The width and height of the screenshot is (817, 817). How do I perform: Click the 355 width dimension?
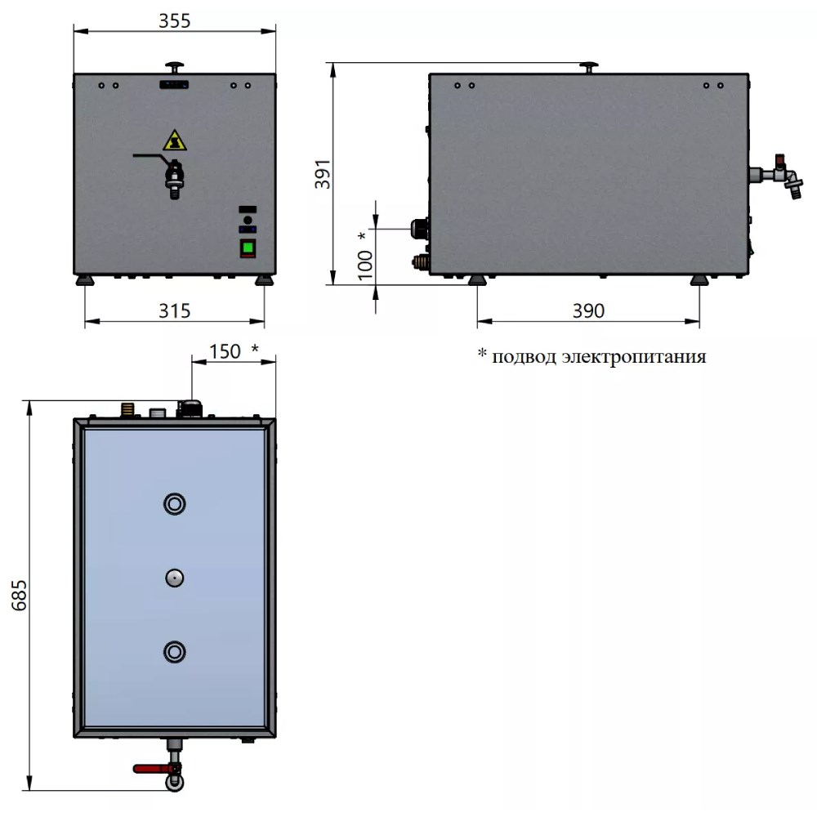click(x=175, y=21)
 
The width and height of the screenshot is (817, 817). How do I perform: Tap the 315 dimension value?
click(x=175, y=311)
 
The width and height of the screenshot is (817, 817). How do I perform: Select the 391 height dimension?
click(x=323, y=174)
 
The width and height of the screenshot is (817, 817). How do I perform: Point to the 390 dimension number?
click(x=588, y=311)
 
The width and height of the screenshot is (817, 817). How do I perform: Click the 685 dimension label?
click(x=20, y=595)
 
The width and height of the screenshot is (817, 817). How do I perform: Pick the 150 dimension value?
click(x=225, y=351)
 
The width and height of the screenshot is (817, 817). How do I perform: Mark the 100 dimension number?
click(x=365, y=265)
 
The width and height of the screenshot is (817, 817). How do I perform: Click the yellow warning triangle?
click(x=175, y=141)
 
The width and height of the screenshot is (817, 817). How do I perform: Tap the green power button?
click(x=248, y=248)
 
